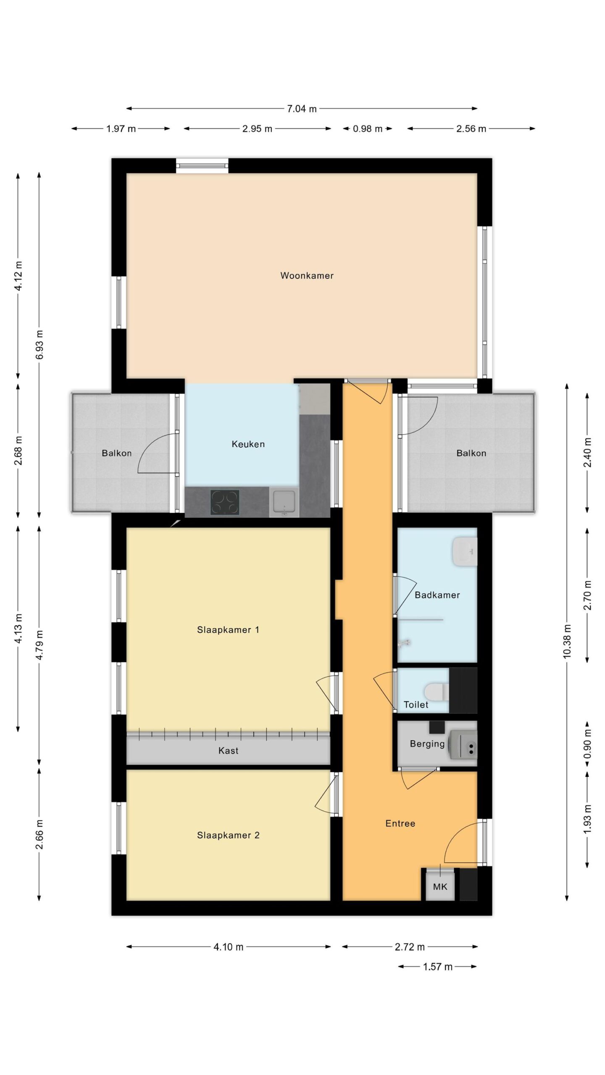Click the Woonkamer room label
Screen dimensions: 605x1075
pos(307,275)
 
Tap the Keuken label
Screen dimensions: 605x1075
pos(248,444)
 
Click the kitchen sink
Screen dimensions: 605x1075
pos(284,502)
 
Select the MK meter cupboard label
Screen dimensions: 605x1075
pos(440,886)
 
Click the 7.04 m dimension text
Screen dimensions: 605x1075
pos(302,109)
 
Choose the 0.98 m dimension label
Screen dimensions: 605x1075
pos(368,128)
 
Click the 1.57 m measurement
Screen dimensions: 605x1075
pos(437,966)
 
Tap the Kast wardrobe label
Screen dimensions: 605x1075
pos(228,750)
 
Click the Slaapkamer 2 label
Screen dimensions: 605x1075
pos(228,835)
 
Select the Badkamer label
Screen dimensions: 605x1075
pos(437,595)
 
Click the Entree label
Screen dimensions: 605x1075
pos(400,823)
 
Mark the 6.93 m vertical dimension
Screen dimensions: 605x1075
pos(39,345)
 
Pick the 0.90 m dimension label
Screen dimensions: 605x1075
pos(587,740)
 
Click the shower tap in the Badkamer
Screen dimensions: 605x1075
pos(404,642)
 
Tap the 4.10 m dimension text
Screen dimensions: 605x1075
pos(228,947)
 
